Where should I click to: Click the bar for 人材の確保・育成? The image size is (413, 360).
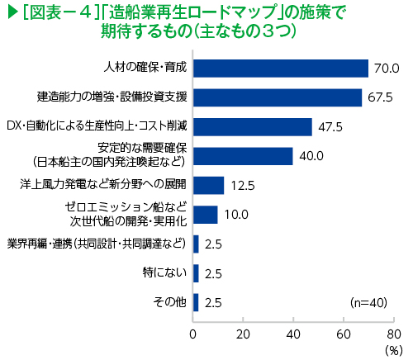[x=281, y=69]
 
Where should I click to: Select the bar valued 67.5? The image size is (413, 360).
[x=278, y=97]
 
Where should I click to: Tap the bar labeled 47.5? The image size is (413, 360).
[x=253, y=127]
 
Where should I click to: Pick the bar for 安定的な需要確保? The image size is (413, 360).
[x=243, y=156]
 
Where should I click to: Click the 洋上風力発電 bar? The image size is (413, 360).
[x=208, y=185]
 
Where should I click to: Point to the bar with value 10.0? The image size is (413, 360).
[x=206, y=215]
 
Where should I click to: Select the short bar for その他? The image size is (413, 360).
[x=196, y=302]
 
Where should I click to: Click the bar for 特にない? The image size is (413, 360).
[x=196, y=273]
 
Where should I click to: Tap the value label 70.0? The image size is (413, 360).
[x=387, y=69]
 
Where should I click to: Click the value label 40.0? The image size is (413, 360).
[x=311, y=156]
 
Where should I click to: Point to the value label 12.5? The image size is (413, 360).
[x=243, y=186]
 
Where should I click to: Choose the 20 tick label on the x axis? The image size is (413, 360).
[x=243, y=334]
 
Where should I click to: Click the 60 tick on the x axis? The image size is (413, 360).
[x=344, y=334]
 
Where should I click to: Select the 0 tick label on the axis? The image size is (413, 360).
[x=192, y=334]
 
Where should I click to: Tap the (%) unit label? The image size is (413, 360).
[x=394, y=351]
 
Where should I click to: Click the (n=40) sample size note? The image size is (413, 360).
[x=368, y=303]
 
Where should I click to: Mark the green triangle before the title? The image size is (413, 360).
[x=13, y=13]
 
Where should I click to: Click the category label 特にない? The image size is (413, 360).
[x=164, y=272]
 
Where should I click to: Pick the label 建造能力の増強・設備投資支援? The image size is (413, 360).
[x=112, y=97]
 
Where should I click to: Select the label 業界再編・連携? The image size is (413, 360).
[x=40, y=244]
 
